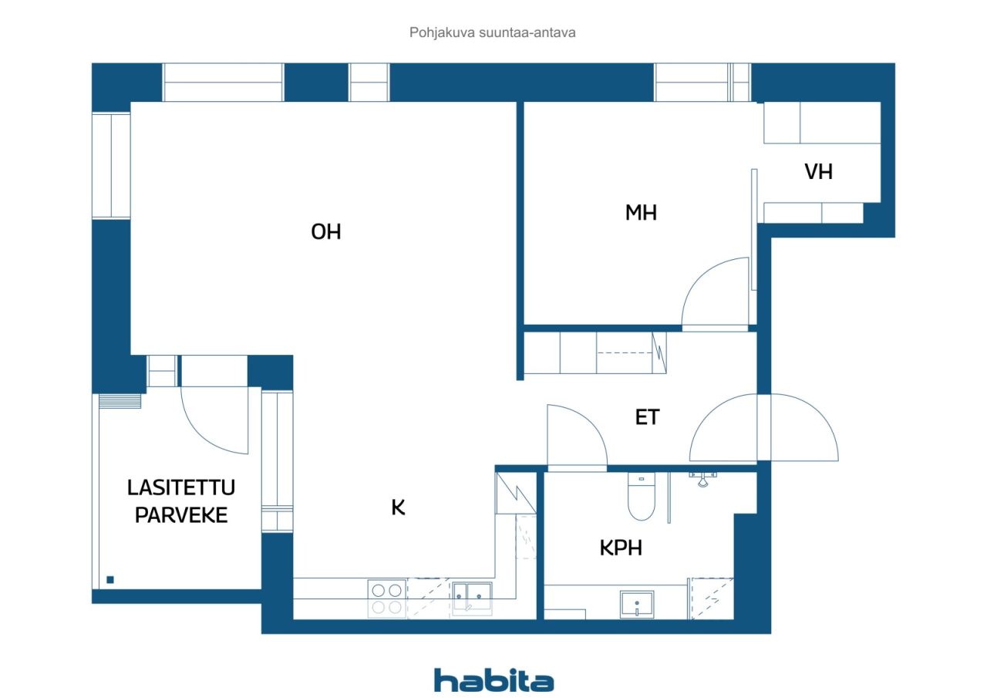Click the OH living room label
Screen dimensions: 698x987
tap(325, 232)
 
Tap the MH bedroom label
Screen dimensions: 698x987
tap(641, 213)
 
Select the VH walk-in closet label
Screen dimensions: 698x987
tap(818, 171)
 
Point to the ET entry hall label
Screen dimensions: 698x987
tap(647, 417)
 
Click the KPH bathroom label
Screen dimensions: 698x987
tap(621, 548)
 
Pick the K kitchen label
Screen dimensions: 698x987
tap(398, 507)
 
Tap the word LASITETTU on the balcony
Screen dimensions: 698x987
tap(181, 487)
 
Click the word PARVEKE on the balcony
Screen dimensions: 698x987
tap(181, 515)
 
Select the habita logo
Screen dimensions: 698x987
tap(493, 680)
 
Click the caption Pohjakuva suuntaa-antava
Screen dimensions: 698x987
tap(493, 33)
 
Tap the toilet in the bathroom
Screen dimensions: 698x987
tap(641, 497)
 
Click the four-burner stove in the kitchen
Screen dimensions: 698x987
tap(387, 599)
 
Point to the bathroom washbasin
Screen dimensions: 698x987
tap(637, 604)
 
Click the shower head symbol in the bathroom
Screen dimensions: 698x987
tap(701, 479)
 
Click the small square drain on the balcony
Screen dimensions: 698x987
tap(110, 579)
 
